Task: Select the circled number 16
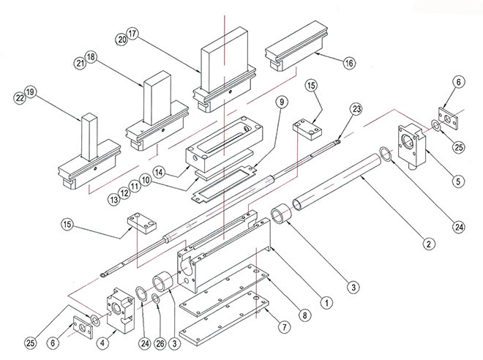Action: pyautogui.click(x=349, y=64)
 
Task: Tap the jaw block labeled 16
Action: pyautogui.click(x=293, y=51)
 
